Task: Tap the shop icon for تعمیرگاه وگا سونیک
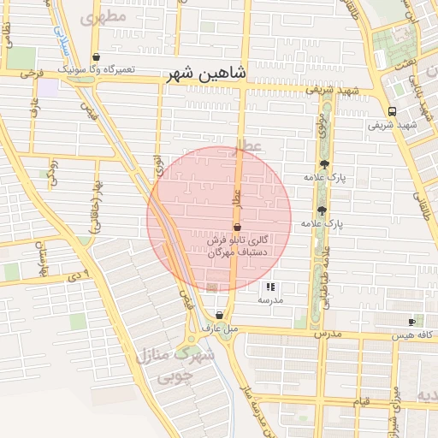click(96, 57)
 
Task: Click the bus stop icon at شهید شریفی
click(392, 111)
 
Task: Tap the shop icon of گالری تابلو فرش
click(235, 227)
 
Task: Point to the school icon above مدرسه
click(270, 287)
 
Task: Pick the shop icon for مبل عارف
click(220, 315)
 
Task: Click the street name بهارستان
click(38, 252)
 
